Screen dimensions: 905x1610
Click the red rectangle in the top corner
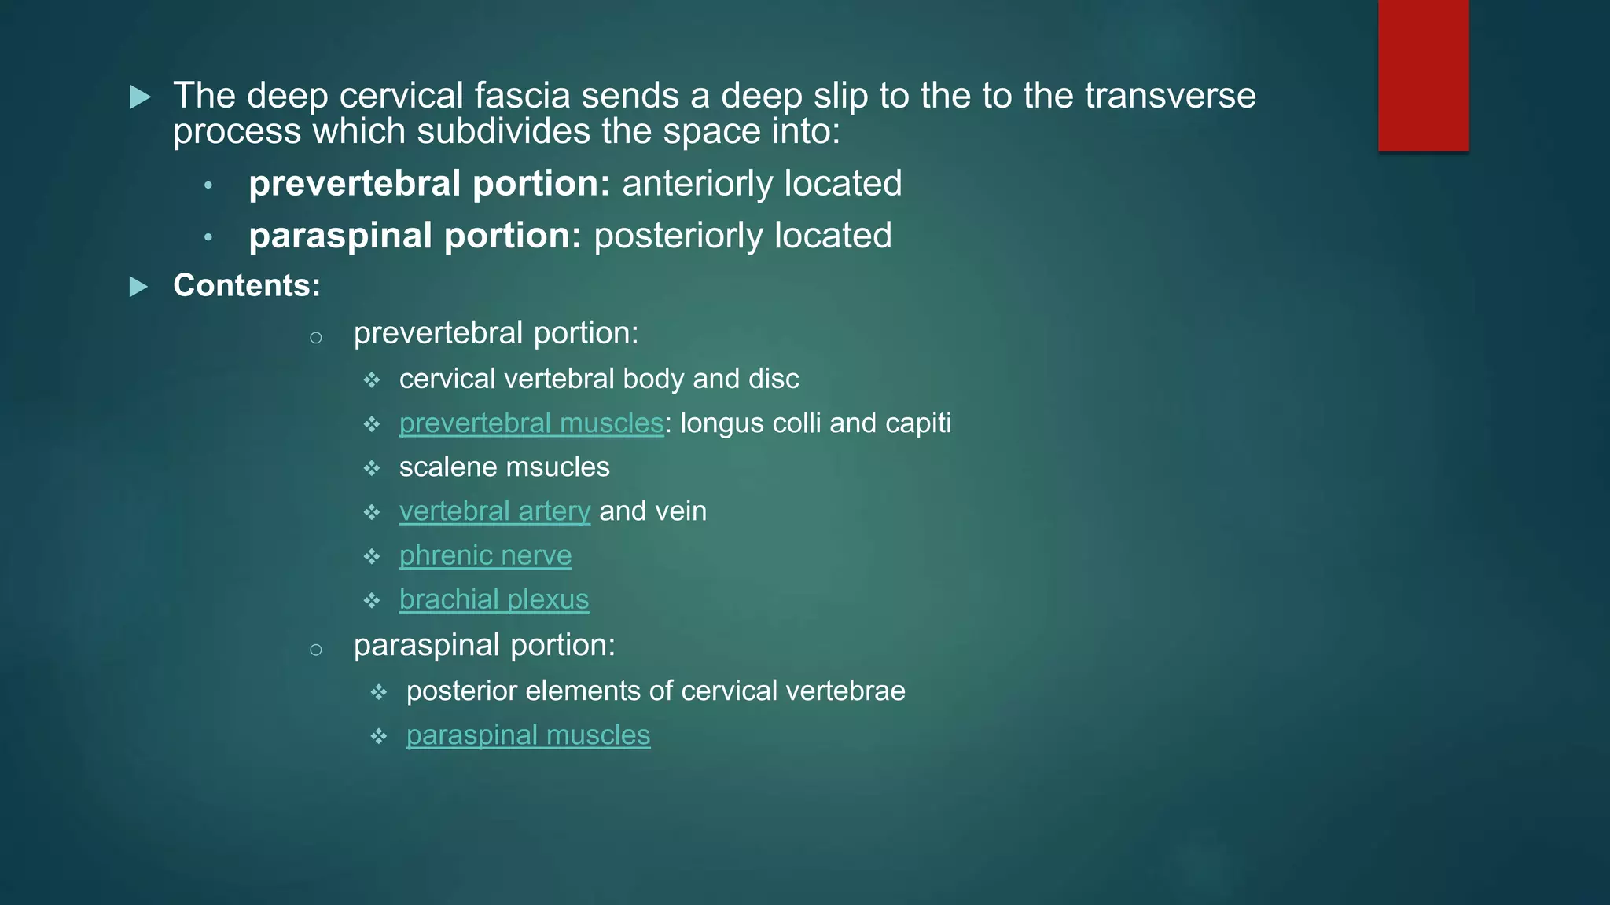point(1423,75)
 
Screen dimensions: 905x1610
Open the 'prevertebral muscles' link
point(531,423)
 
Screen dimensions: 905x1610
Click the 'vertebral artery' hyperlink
point(494,511)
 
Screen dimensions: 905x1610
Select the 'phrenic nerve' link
point(485,555)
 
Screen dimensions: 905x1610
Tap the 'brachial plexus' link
point(494,599)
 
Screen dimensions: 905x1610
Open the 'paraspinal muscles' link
point(528,735)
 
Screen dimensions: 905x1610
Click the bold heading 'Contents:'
point(247,285)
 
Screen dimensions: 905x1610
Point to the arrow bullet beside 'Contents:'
point(139,287)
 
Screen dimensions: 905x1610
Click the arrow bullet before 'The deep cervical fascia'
point(140,97)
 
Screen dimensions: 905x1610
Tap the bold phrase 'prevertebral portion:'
point(429,184)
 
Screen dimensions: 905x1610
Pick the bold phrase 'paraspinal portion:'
point(414,236)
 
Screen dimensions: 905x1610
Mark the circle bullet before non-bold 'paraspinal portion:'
point(316,650)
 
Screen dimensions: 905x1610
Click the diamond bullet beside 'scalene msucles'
point(372,469)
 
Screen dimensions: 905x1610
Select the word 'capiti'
point(917,423)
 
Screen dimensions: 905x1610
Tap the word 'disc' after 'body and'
point(774,379)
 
